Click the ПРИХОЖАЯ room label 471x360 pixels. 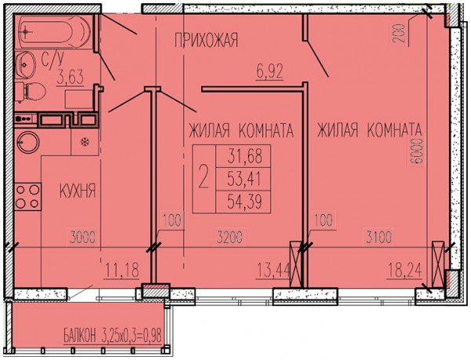206,40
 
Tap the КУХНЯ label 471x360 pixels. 78,191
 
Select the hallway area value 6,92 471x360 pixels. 270,72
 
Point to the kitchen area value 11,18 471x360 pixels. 122,270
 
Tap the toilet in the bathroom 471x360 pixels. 30,91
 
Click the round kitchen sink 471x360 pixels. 28,142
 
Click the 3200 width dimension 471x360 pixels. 229,238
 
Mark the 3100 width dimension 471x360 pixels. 378,237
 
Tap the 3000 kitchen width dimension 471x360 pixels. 82,238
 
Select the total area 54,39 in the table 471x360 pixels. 244,202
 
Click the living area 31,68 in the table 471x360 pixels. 245,156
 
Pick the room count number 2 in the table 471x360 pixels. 203,179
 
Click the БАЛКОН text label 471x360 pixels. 79,336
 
